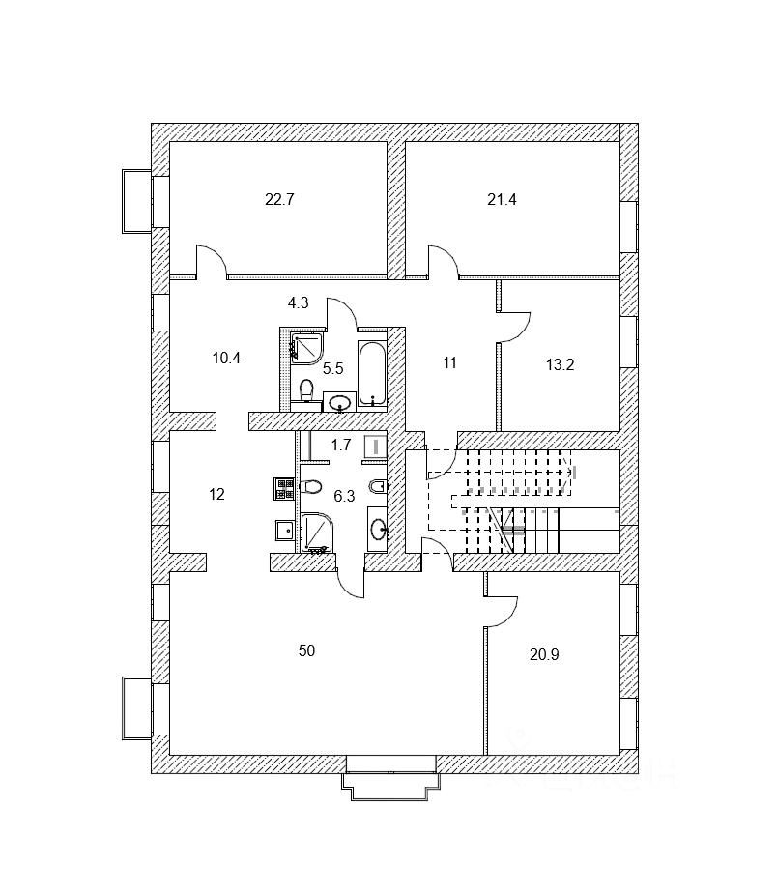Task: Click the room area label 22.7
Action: click(x=278, y=201)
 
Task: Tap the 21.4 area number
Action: click(x=503, y=201)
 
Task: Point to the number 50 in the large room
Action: click(x=306, y=650)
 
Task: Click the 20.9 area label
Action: click(x=544, y=653)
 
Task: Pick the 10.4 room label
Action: click(x=226, y=358)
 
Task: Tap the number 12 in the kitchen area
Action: click(x=216, y=494)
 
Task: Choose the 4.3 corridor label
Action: click(x=298, y=302)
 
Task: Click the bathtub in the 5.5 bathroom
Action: click(x=371, y=372)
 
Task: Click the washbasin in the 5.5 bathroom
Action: click(x=339, y=402)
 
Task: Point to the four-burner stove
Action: click(x=283, y=488)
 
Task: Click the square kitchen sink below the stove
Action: click(x=284, y=529)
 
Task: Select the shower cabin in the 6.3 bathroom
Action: click(x=316, y=531)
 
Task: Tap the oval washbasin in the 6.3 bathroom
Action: click(x=377, y=528)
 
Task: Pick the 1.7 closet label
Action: click(x=340, y=446)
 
